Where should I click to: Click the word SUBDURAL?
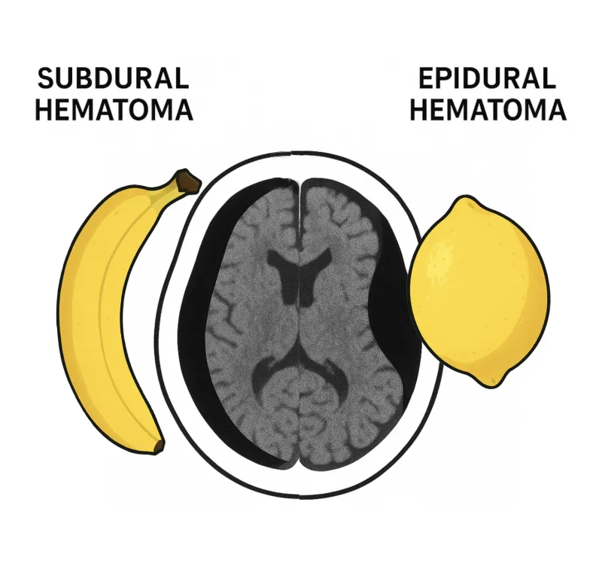point(113,79)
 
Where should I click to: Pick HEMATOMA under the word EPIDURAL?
point(487,110)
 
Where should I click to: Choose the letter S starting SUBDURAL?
point(46,79)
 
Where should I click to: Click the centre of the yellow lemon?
point(480,290)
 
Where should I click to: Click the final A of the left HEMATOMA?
point(181,110)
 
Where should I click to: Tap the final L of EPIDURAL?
point(547,79)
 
